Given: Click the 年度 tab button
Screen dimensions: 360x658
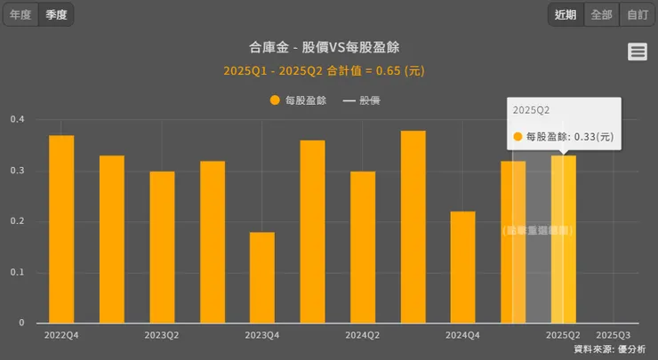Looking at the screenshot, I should pyautogui.click(x=20, y=14).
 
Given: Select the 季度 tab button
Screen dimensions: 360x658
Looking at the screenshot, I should pyautogui.click(x=56, y=14).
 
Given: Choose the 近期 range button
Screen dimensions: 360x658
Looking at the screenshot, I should pyautogui.click(x=566, y=14).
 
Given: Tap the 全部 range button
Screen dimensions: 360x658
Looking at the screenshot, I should pyautogui.click(x=601, y=14).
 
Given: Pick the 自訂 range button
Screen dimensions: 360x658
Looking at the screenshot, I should pyautogui.click(x=637, y=14).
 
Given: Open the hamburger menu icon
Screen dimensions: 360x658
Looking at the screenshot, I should pyautogui.click(x=638, y=52).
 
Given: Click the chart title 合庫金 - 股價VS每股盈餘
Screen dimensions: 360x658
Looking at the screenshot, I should pyautogui.click(x=330, y=47).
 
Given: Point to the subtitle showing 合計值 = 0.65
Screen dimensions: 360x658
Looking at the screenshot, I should pyautogui.click(x=330, y=70).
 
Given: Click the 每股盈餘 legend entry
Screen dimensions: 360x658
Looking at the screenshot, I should pyautogui.click(x=299, y=100).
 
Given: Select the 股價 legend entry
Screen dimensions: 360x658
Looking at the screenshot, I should pyautogui.click(x=362, y=100).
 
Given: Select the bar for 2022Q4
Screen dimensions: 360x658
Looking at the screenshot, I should pyautogui.click(x=61, y=229).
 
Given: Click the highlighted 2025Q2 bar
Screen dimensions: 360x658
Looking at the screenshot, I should pyautogui.click(x=564, y=239).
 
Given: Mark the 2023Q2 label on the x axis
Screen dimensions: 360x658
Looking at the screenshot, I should pyautogui.click(x=162, y=335).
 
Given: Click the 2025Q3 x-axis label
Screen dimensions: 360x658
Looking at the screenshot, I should pyautogui.click(x=614, y=335).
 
